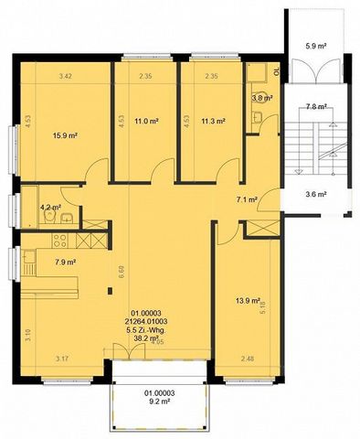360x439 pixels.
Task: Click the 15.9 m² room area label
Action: tap(64, 135)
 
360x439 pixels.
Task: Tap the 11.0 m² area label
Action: tap(146, 120)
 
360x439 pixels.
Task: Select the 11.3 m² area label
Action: tap(213, 120)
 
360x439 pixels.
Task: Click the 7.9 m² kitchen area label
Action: tap(64, 263)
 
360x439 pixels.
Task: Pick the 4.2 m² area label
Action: tap(50, 208)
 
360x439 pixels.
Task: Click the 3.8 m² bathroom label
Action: tap(262, 97)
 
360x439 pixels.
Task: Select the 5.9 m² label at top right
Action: tap(316, 45)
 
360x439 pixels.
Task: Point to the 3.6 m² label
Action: tap(316, 194)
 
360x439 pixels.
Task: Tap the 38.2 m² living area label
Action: tap(146, 337)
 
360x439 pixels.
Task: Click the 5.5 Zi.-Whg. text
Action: tap(146, 329)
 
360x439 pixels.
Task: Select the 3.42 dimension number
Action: tap(65, 76)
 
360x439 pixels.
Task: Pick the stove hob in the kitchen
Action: tap(60, 241)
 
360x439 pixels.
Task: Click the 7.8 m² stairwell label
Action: tap(317, 106)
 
